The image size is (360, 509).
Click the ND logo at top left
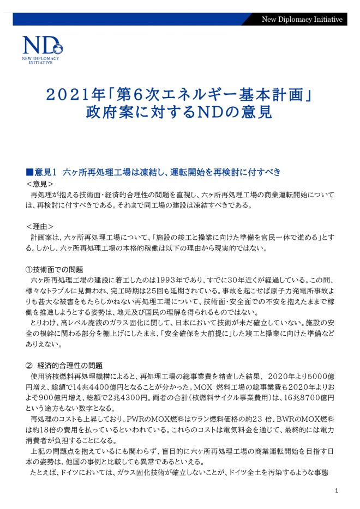[43, 50]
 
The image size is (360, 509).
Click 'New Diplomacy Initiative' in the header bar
[302, 20]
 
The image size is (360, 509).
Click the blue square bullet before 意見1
[29, 173]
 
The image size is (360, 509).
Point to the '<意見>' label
[39, 184]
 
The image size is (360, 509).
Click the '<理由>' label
[39, 226]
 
